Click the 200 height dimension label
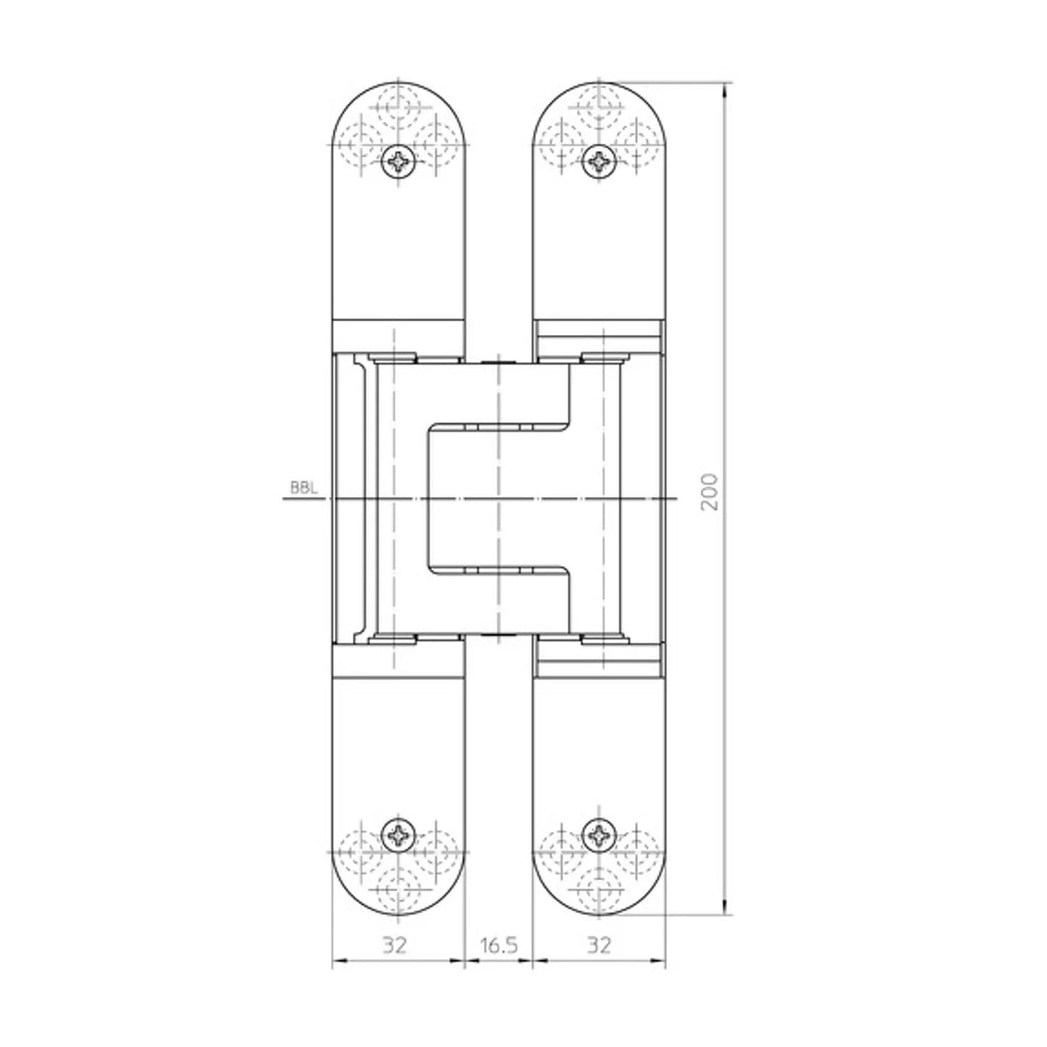click(709, 492)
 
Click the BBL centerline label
click(303, 488)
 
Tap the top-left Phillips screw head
click(398, 161)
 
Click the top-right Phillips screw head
click(599, 161)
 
